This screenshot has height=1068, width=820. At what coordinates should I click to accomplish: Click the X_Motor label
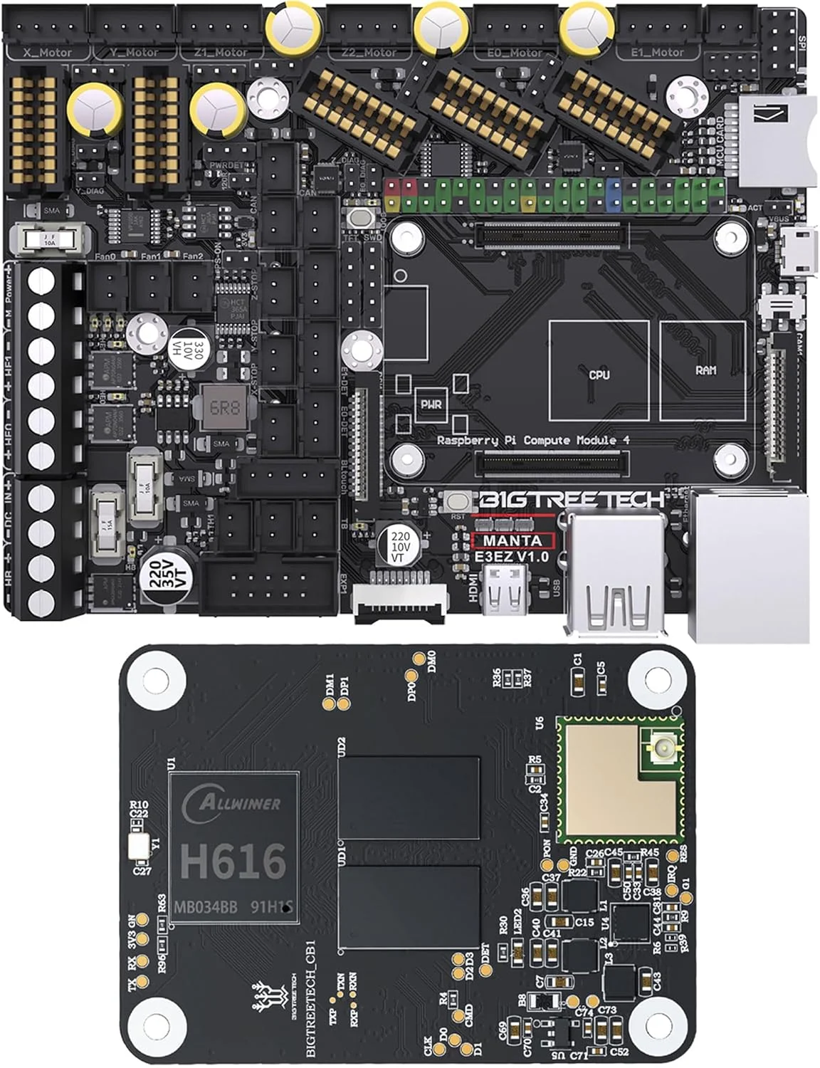click(47, 53)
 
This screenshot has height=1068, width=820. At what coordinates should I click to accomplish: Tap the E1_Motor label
click(657, 53)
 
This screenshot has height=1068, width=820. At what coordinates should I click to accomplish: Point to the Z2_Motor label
click(369, 53)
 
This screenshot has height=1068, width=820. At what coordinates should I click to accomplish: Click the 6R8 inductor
click(224, 409)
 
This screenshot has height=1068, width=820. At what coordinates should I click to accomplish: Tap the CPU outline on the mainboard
click(599, 371)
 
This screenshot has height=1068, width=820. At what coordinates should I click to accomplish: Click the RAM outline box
click(705, 371)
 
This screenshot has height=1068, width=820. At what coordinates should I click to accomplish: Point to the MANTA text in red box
click(512, 540)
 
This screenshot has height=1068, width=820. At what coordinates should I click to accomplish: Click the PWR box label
click(431, 404)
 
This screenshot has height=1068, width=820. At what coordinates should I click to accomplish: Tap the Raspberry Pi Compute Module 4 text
click(532, 441)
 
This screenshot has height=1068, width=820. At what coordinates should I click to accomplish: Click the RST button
click(457, 502)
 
